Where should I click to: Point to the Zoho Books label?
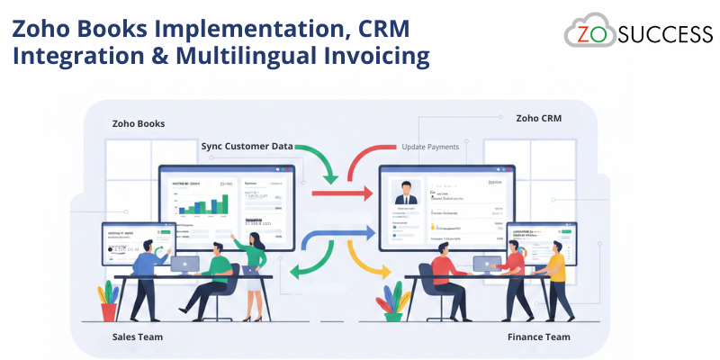[x=138, y=123]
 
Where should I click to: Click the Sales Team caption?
[x=138, y=337]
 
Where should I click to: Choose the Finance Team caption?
[x=538, y=337]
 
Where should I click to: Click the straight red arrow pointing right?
[x=342, y=192]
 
